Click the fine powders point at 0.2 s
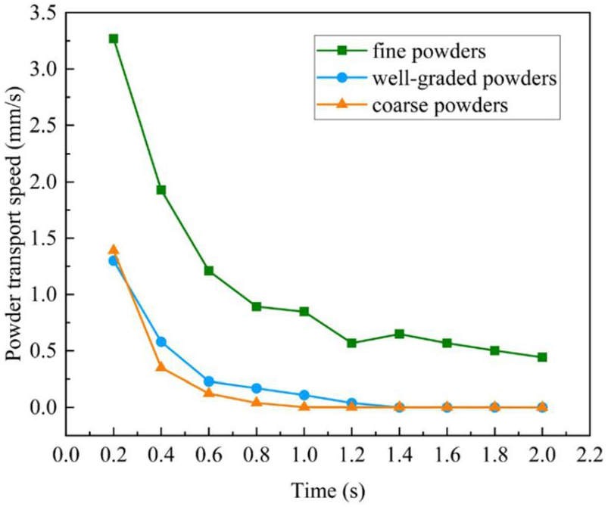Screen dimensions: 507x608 point(114,39)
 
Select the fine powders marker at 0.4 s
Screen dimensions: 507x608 point(161,190)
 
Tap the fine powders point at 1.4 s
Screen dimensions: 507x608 point(399,334)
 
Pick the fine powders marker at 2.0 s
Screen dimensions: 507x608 point(542,357)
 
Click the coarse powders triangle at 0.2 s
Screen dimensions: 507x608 point(114,250)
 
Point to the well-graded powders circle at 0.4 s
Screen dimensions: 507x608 point(161,342)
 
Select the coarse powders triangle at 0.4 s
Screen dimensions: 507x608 point(161,366)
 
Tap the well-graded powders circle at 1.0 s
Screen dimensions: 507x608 point(304,395)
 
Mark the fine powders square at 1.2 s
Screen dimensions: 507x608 point(351,343)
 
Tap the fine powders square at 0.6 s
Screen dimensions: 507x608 point(209,271)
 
